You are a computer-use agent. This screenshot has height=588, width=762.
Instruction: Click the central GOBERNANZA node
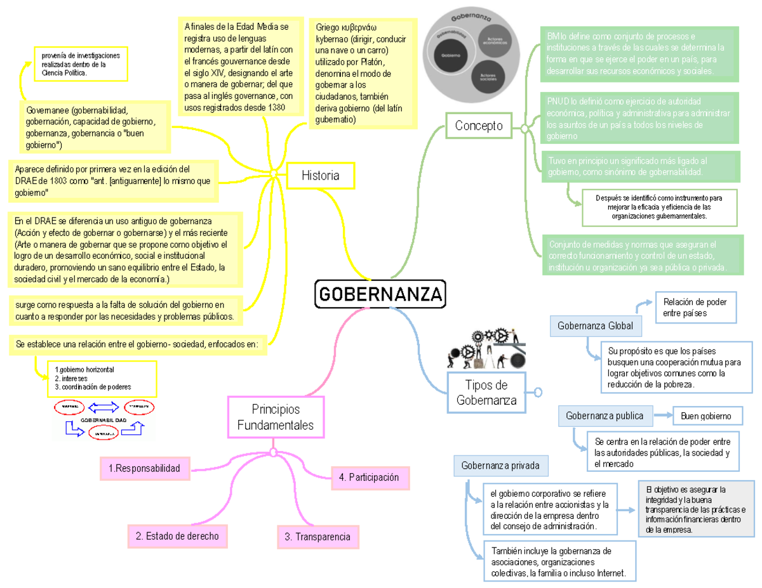point(380,294)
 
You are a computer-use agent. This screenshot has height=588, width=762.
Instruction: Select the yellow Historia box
point(320,175)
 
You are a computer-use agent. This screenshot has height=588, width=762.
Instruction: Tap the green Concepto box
point(478,126)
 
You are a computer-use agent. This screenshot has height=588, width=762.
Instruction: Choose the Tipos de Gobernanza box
point(486,393)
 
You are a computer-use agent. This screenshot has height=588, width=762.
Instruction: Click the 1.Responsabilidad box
point(144,468)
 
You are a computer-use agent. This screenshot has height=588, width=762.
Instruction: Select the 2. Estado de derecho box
point(177,536)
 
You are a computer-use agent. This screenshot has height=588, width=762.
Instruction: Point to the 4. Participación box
point(370,477)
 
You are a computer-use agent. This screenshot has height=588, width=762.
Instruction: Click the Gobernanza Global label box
point(595,326)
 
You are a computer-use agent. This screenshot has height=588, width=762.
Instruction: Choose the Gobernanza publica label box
point(605,416)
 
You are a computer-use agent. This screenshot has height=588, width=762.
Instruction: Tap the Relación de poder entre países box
point(695,307)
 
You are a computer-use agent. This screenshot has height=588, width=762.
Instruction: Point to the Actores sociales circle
point(488,76)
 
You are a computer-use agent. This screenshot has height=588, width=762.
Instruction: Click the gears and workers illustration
point(486,348)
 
